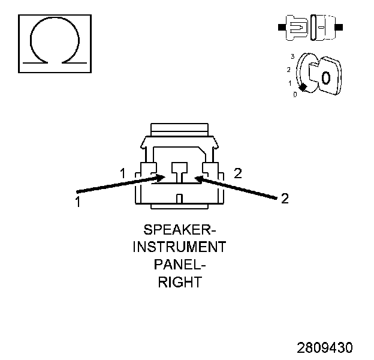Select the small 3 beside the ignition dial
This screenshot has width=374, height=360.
click(292, 56)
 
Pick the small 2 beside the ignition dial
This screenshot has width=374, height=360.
click(289, 70)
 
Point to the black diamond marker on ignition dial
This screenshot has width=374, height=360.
click(303, 88)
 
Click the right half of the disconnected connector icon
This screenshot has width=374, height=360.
click(322, 27)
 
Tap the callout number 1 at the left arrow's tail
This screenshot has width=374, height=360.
click(77, 202)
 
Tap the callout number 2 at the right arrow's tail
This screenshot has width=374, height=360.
click(285, 199)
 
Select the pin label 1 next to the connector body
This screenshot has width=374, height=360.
click(122, 173)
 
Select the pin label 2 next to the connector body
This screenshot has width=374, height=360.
click(238, 173)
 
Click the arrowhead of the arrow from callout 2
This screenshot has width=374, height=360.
click(198, 178)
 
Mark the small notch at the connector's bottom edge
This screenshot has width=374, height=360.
click(179, 199)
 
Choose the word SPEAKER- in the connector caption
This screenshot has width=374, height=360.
click(179, 230)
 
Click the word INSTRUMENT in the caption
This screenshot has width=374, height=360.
click(179, 247)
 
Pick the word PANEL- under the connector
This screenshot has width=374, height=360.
click(179, 265)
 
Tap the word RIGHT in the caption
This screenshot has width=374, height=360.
click(179, 282)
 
